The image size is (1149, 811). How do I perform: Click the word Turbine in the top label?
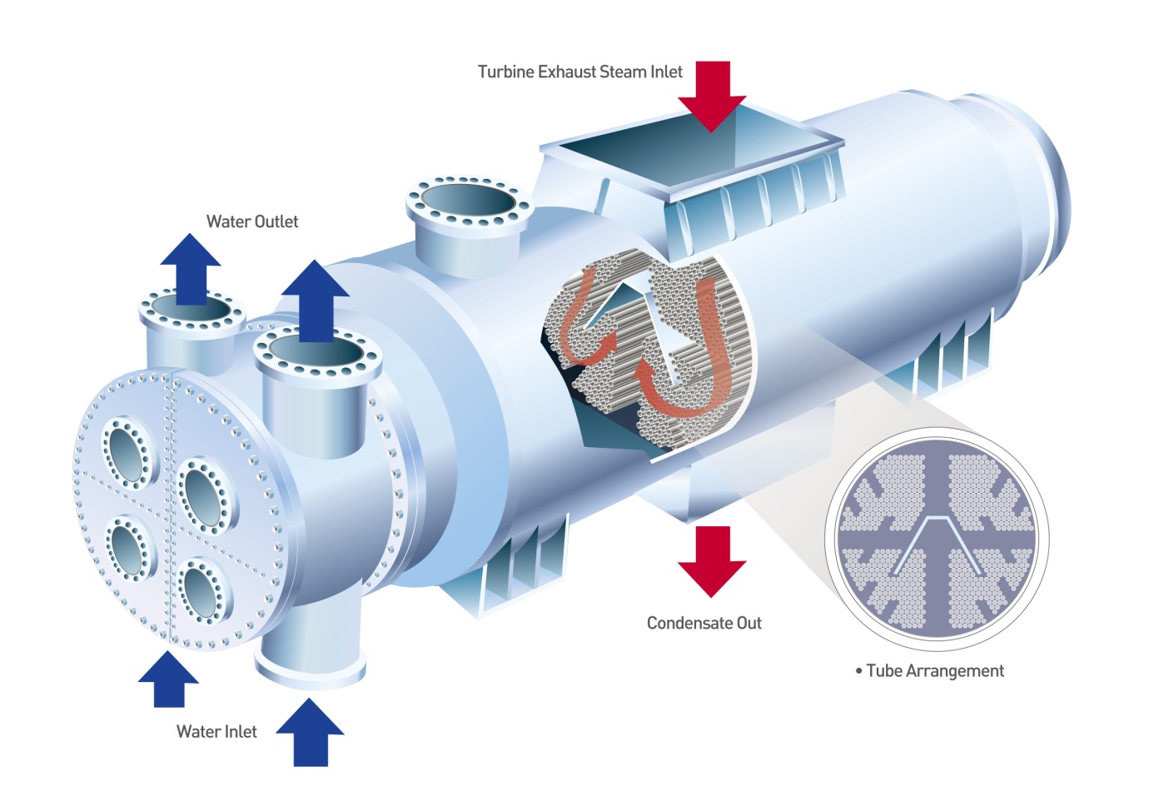pos(505,72)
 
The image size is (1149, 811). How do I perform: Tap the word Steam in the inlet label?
pos(623,72)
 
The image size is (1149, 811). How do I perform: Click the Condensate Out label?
pos(704,624)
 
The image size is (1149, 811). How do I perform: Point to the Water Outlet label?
pos(252,222)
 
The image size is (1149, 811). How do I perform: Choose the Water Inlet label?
pos(216,732)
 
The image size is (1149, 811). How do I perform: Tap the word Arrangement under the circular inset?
pos(955,671)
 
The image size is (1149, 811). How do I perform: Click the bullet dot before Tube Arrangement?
pos(858,671)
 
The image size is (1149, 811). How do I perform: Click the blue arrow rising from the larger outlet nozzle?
pos(314,300)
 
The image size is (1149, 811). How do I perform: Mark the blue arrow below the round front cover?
pos(168,679)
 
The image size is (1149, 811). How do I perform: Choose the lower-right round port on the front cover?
pos(201,590)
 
